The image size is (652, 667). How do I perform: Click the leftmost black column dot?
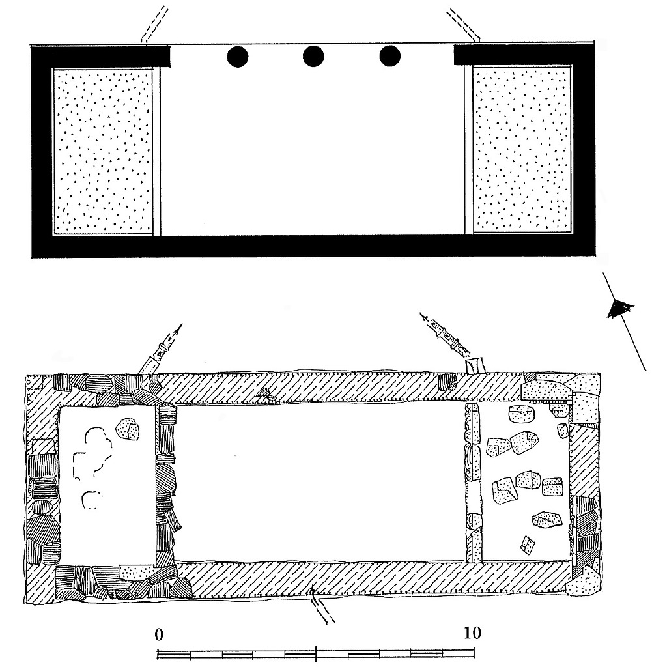[x=237, y=57]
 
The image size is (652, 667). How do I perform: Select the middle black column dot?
[x=313, y=57]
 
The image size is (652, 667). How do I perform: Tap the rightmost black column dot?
[x=390, y=57]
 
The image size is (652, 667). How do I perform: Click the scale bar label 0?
[x=159, y=634]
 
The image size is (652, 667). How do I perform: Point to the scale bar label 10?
[x=472, y=633]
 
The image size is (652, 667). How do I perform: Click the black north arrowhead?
[x=620, y=307]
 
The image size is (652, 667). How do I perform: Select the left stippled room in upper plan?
[x=102, y=150]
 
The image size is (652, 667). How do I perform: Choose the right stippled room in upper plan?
[x=522, y=150]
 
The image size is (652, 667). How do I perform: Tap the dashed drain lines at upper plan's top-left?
[x=154, y=24]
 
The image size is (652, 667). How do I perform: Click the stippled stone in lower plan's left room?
[x=128, y=430]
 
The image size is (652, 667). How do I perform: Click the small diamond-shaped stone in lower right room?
[x=528, y=545]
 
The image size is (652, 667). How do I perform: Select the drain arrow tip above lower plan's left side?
[x=182, y=324]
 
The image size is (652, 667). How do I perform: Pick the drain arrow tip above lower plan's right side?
[x=421, y=315]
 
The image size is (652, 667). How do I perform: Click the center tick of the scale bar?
[x=316, y=653]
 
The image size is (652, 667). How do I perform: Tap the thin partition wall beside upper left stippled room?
[x=157, y=150]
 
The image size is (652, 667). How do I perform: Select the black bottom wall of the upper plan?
[x=313, y=246]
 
